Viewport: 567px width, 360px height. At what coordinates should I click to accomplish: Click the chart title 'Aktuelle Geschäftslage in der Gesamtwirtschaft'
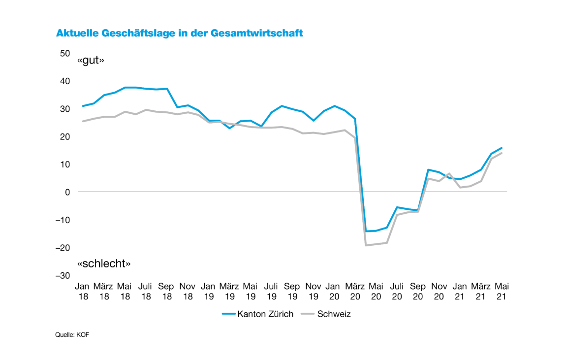click(x=179, y=33)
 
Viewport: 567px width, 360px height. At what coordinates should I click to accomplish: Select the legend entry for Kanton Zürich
click(x=258, y=314)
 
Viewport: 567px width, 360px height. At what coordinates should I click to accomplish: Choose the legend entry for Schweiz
click(x=327, y=314)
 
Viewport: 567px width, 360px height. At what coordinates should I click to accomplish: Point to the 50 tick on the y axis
click(x=64, y=53)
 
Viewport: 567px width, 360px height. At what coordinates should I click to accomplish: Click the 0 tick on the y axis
click(x=67, y=192)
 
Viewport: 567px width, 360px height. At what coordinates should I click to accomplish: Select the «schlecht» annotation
click(x=104, y=263)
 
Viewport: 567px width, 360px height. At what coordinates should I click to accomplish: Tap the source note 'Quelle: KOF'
click(x=72, y=335)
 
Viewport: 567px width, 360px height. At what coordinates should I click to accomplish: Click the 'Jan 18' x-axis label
click(x=83, y=291)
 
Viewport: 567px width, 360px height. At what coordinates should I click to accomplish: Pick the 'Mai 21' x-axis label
click(x=502, y=291)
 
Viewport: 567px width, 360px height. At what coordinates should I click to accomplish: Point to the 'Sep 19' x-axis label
click(x=292, y=291)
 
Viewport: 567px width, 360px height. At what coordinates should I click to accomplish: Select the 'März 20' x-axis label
click(x=355, y=291)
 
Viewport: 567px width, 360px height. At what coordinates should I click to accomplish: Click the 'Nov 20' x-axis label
click(x=439, y=291)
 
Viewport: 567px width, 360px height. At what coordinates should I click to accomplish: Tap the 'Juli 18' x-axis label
click(x=145, y=291)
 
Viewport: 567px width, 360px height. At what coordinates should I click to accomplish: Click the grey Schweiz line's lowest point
click(x=366, y=245)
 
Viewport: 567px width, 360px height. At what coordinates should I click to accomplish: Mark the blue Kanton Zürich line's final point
click(x=502, y=148)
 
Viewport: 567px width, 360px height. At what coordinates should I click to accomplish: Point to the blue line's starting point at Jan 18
click(x=83, y=106)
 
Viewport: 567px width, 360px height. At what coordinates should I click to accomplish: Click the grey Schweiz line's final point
click(x=502, y=153)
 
